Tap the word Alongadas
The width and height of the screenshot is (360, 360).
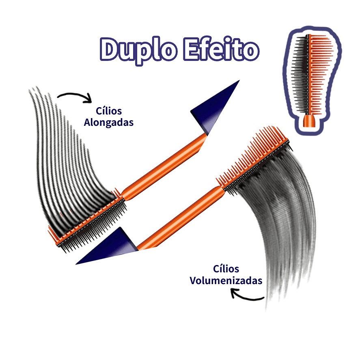tap(108, 123)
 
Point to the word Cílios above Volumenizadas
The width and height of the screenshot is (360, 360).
tap(226, 269)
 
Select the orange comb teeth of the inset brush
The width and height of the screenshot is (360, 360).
tap(320, 73)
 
